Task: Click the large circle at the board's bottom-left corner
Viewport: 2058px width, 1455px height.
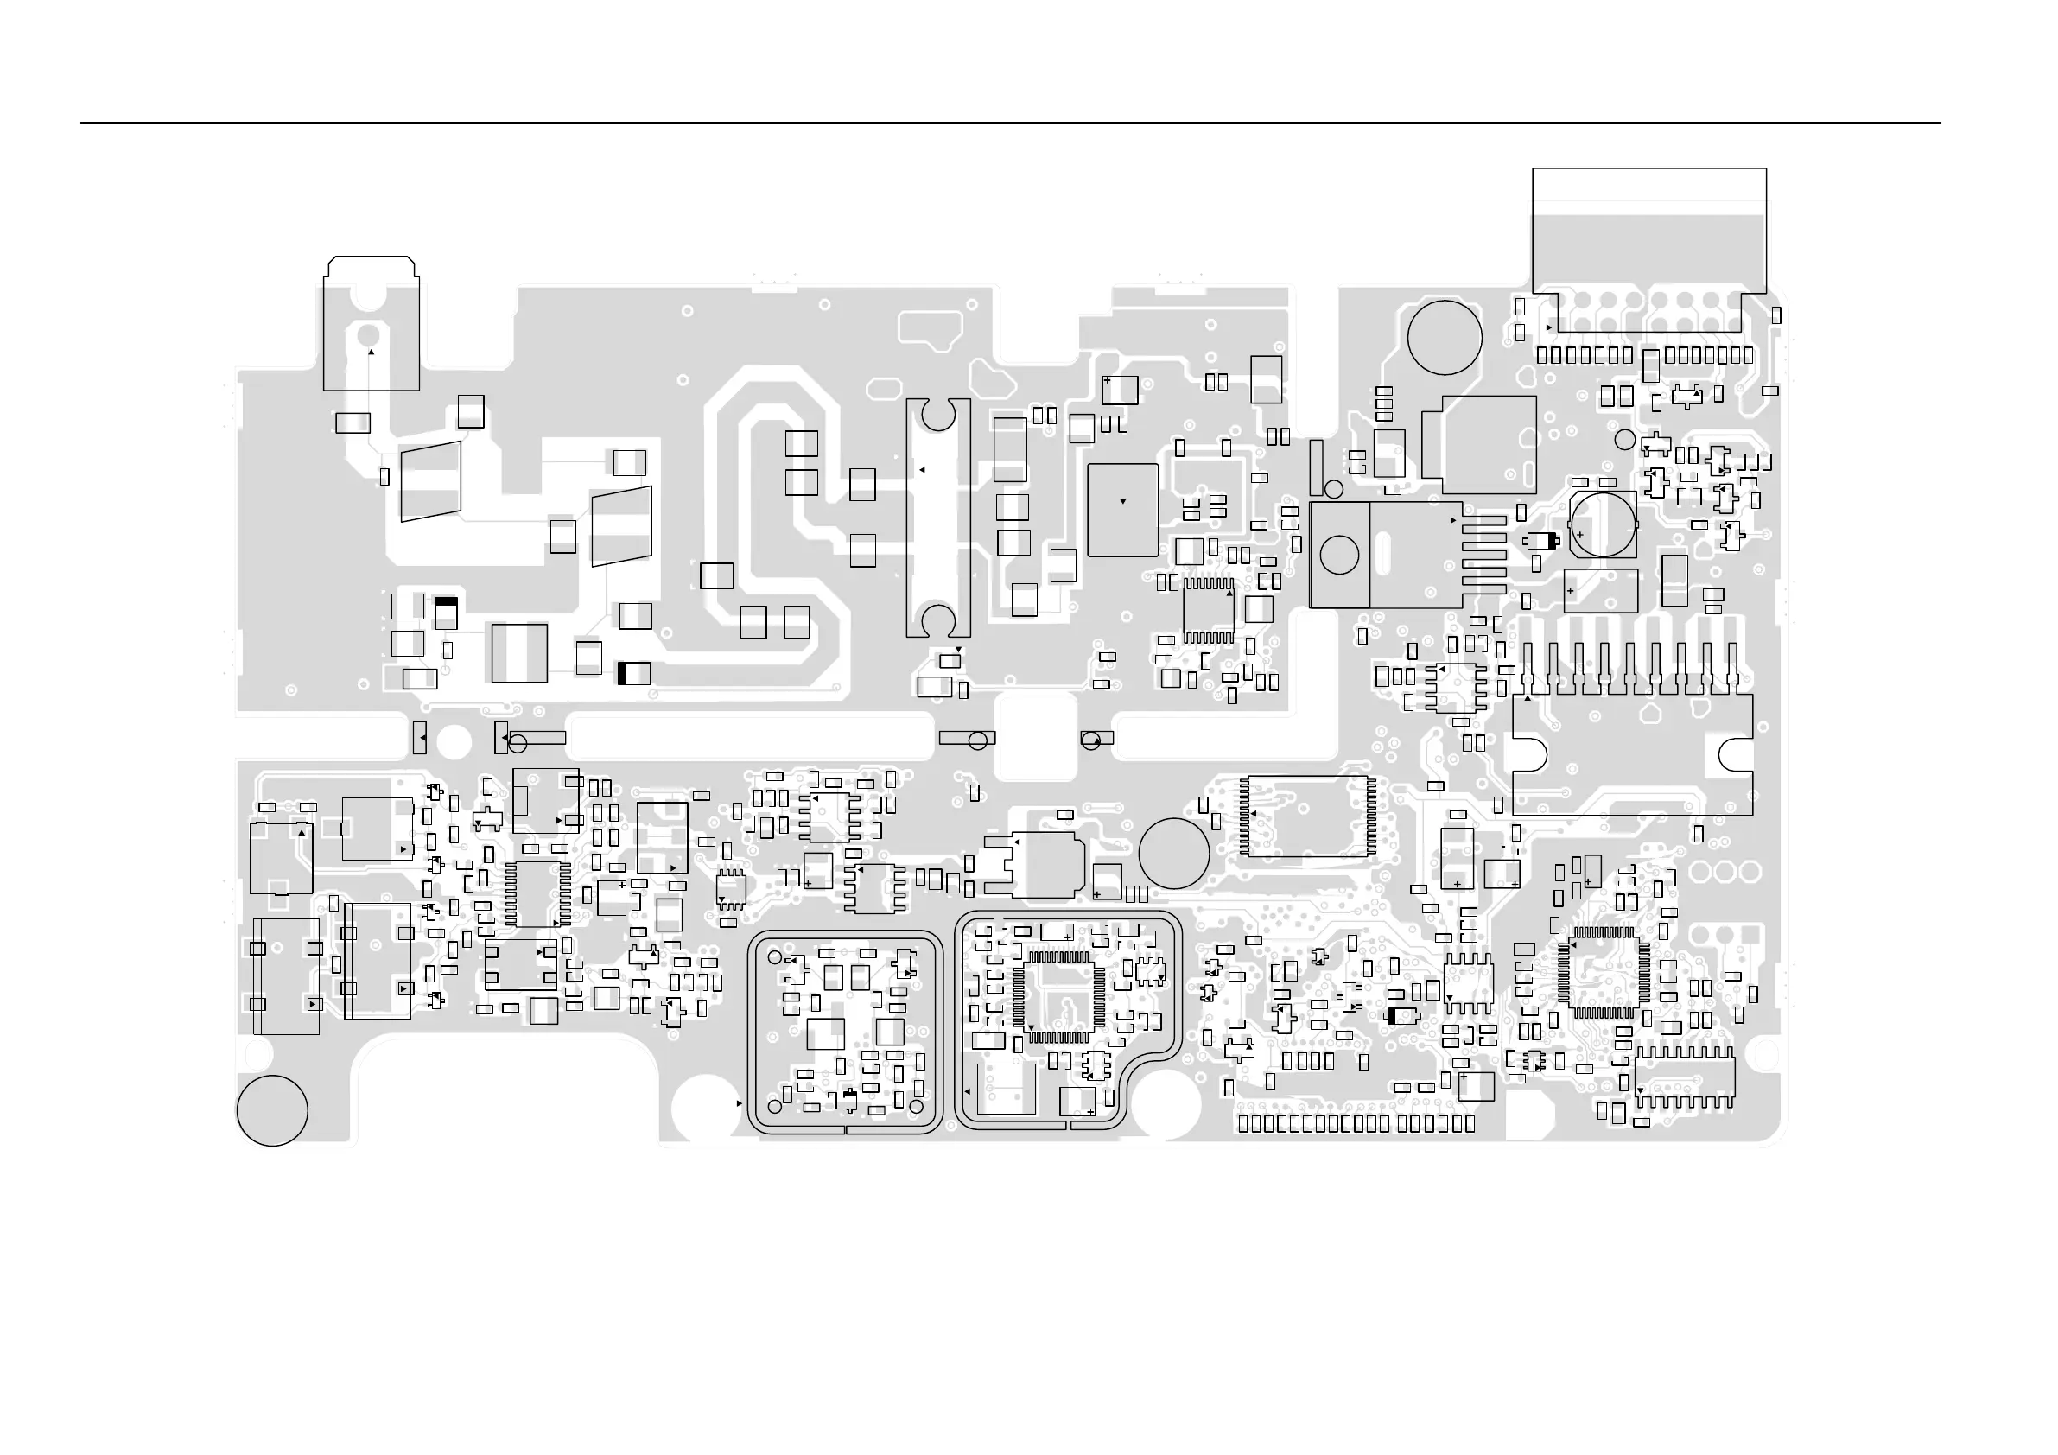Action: pos(272,1110)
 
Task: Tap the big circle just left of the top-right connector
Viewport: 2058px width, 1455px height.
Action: pos(1444,337)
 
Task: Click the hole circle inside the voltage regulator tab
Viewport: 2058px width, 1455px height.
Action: pos(1339,555)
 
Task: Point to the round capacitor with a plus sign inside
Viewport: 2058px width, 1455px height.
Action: pos(1603,523)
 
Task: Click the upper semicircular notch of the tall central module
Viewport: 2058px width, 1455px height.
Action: pos(938,415)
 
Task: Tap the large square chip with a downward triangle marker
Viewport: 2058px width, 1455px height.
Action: pos(1122,510)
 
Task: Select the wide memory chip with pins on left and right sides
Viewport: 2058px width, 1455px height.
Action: pos(1309,816)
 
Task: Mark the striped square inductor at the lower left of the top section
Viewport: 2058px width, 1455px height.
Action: pos(519,652)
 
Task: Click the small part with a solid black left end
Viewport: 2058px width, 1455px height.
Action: pos(633,673)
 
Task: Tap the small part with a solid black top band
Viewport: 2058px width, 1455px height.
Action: pos(446,613)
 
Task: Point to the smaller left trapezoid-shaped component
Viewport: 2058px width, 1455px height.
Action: pos(431,481)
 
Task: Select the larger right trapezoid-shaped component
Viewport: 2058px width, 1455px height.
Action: pos(621,526)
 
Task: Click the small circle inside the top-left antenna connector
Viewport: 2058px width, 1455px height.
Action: pos(367,334)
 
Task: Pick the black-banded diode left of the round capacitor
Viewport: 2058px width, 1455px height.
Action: pos(1540,541)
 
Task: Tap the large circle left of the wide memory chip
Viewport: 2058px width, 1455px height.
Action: pos(1173,854)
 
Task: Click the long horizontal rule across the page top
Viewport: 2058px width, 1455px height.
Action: pos(1010,123)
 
